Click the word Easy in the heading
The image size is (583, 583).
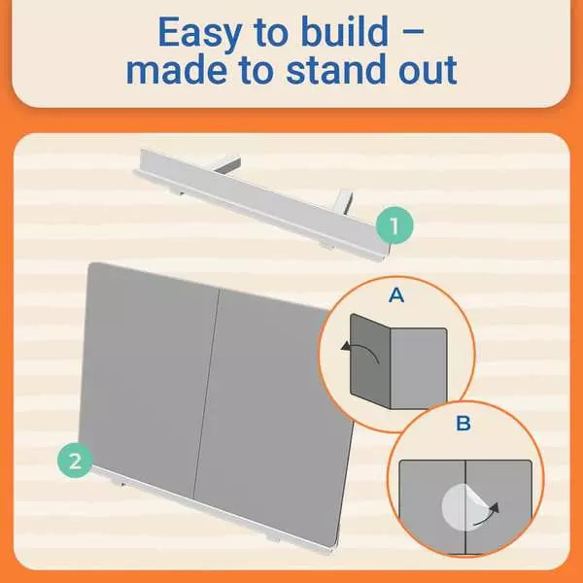point(200,33)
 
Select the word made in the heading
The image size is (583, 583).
point(177,69)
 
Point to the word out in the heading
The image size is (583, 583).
point(428,71)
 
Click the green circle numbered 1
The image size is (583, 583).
point(394,225)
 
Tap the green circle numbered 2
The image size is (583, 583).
point(75,461)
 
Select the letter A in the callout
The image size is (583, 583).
point(396,295)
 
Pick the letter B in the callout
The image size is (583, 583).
point(463,423)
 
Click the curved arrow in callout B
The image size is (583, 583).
point(487,515)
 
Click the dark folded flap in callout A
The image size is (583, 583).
point(369,361)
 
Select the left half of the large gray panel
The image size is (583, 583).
point(149,375)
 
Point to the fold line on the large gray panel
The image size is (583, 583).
point(207,394)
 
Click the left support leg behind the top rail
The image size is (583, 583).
point(227,164)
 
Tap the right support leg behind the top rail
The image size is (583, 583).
point(344,201)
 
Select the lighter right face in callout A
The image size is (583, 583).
point(418,368)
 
